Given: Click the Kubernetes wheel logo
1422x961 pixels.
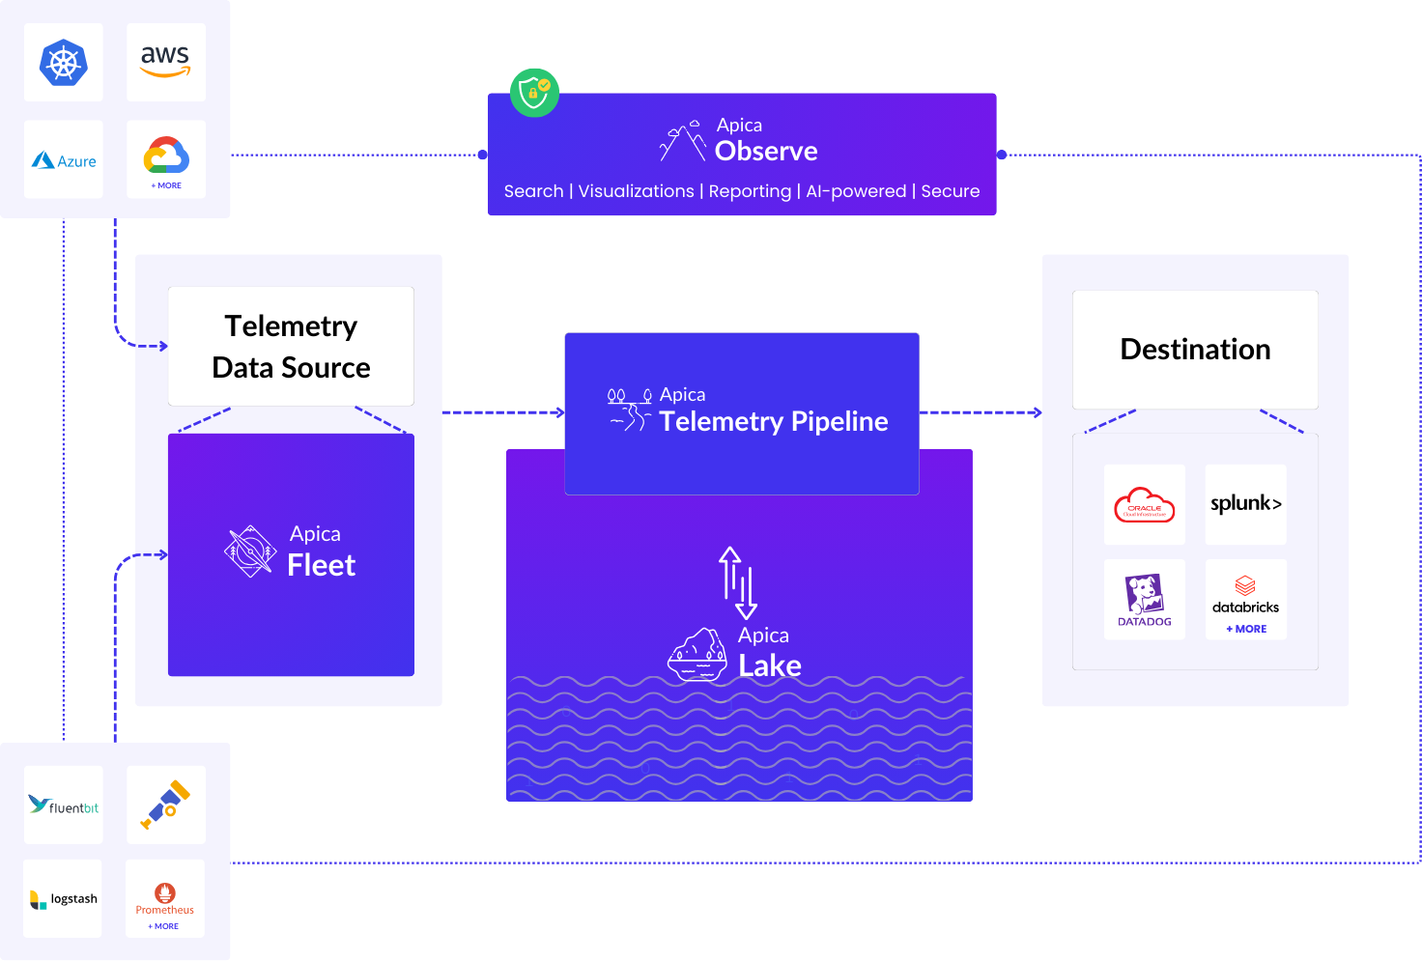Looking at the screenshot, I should coord(64,63).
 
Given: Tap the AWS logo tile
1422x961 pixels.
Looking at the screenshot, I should coord(166,62).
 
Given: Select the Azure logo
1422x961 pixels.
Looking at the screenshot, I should coord(64,160).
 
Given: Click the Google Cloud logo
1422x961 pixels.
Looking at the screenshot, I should coord(166,155).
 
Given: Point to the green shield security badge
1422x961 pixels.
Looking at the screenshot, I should coord(534,93).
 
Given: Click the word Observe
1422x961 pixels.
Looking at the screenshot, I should coord(766,152).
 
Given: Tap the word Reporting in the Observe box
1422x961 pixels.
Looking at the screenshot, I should coord(750,191).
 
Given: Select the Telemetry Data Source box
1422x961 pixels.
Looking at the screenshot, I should coord(291,347).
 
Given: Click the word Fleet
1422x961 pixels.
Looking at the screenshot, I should coord(322,566).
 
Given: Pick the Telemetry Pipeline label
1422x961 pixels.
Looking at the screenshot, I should coord(773,421).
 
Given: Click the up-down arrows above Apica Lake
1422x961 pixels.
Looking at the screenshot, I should coord(738,582).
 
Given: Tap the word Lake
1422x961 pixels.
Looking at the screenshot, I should coord(770,666).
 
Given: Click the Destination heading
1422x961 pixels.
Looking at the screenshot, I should coord(1195,350).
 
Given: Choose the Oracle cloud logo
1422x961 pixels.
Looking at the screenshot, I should coord(1145,504).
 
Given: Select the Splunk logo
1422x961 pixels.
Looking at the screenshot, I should coord(1246,503).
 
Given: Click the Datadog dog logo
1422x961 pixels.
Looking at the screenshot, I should coord(1145,598).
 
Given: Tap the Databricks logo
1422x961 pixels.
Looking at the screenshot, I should coord(1246,596).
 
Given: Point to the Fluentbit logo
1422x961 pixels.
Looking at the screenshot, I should coord(64,806).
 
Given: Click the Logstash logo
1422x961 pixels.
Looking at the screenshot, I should coord(64,899).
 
